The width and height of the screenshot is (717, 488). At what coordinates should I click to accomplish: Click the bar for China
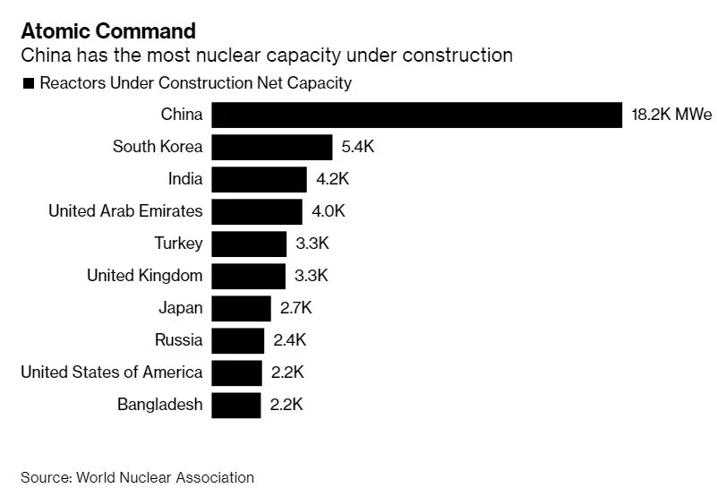click(416, 115)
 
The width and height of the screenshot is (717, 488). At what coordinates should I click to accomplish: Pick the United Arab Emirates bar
click(257, 211)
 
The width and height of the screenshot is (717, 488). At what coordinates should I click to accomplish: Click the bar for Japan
click(241, 308)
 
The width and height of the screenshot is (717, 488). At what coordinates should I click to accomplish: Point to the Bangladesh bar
click(236, 405)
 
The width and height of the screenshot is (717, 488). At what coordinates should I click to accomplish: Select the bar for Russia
click(238, 340)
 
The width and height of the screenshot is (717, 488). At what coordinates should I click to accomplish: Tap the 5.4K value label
click(357, 147)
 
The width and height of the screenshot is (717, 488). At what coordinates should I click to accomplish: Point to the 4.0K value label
click(329, 211)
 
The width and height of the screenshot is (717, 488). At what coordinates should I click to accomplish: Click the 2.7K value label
click(296, 308)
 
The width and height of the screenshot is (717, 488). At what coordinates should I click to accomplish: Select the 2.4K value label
click(290, 340)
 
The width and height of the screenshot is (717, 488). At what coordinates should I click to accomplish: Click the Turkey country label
click(178, 244)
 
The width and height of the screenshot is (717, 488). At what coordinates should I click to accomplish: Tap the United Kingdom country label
click(144, 276)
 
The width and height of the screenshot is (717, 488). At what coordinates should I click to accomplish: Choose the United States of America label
click(112, 372)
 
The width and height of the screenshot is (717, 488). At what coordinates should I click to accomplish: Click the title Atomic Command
click(108, 31)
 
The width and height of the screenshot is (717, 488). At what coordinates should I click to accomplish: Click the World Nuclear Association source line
click(137, 477)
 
